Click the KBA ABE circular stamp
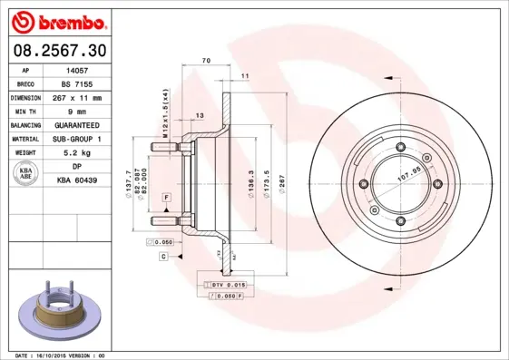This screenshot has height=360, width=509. [x=25, y=174]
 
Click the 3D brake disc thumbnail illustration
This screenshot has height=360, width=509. [x=56, y=313]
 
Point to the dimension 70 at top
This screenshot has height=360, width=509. [x=206, y=60]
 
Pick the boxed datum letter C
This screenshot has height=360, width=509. [x=163, y=257]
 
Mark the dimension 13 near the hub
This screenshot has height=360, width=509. [x=200, y=116]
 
